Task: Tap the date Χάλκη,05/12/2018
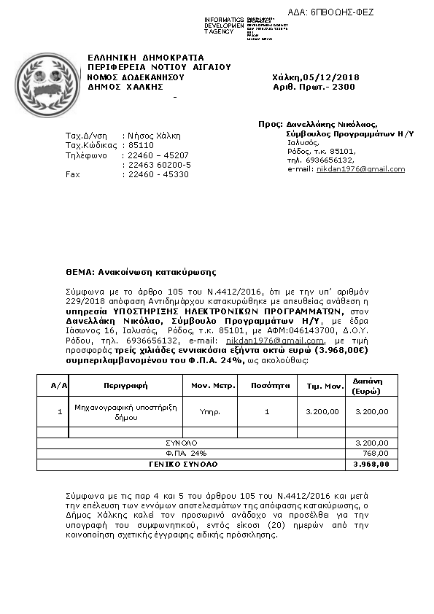pyautogui.click(x=315, y=77)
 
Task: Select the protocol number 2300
pyautogui.click(x=343, y=87)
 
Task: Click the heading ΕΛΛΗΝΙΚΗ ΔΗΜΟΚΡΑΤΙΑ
pyautogui.click(x=146, y=58)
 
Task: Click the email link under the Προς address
pyautogui.click(x=360, y=169)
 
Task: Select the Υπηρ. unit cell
pyautogui.click(x=210, y=412)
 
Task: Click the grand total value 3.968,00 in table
pyautogui.click(x=371, y=464)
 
